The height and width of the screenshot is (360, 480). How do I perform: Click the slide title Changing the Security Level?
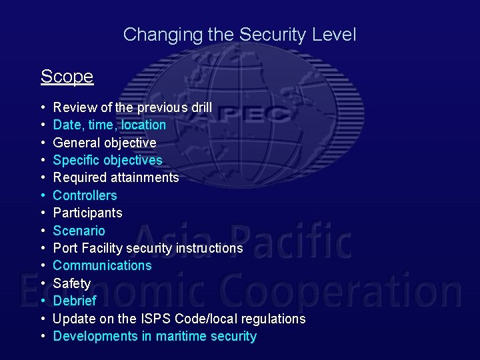point(239,35)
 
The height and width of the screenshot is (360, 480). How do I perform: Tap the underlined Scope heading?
point(67,77)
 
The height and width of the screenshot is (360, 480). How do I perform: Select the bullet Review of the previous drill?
point(132,107)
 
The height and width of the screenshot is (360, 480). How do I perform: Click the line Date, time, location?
point(109,125)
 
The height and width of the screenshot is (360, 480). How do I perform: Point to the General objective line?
point(105,143)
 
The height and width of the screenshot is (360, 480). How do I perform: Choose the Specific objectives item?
point(107,160)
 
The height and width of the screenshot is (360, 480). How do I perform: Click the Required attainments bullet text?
point(116,177)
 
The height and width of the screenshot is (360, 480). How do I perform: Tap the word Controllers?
point(85,195)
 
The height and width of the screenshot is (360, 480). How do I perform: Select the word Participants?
point(87,213)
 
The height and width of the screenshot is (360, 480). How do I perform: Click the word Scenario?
point(79,231)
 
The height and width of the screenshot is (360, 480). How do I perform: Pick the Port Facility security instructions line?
point(148,248)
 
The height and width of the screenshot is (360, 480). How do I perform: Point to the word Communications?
point(102,265)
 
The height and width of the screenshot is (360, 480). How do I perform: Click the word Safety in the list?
point(71,283)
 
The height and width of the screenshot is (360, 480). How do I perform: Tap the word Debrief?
point(75,301)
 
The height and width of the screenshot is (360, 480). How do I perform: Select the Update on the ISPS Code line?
point(179,319)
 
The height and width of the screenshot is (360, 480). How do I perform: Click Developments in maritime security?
point(155,336)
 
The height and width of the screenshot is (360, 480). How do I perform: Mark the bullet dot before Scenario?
point(43,231)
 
